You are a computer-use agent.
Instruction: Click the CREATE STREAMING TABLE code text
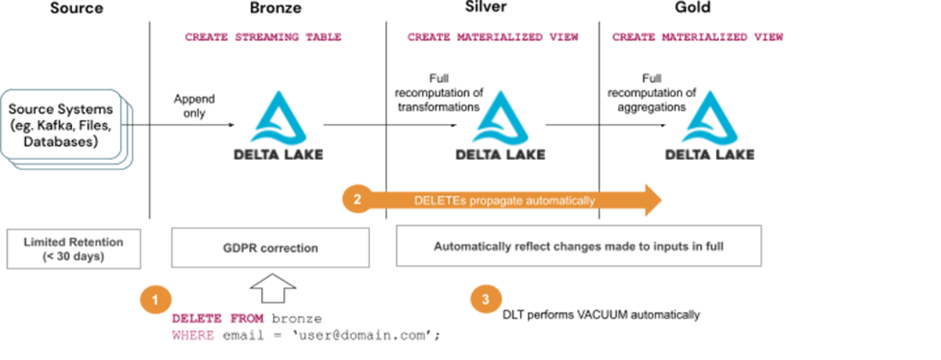click(x=263, y=37)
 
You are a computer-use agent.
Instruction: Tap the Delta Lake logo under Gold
click(x=709, y=125)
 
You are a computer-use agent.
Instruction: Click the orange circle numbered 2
click(x=358, y=200)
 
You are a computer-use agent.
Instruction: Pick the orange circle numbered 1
click(x=155, y=299)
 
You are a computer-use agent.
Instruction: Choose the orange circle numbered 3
click(x=485, y=298)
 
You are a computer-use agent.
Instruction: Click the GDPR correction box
click(x=269, y=248)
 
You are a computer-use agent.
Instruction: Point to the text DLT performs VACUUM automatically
click(x=601, y=315)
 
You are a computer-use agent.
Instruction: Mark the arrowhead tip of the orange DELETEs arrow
click(x=660, y=200)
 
